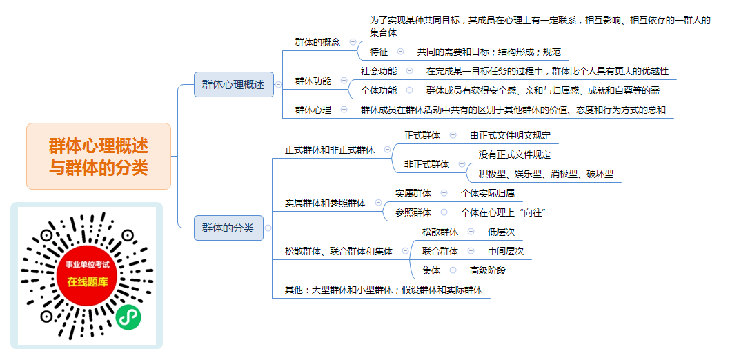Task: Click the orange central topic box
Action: click(x=99, y=157)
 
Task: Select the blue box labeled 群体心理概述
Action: click(x=234, y=85)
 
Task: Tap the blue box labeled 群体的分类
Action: click(x=228, y=228)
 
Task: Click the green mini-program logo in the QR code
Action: click(x=128, y=318)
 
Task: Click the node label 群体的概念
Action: click(x=317, y=42)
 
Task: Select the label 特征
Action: click(x=379, y=52)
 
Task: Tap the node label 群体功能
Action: click(x=313, y=81)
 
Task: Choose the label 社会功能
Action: click(x=379, y=71)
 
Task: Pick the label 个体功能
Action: click(x=379, y=90)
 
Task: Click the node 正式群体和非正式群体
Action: click(x=330, y=150)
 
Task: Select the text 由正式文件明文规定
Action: click(x=511, y=135)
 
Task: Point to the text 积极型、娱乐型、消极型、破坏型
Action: click(x=546, y=174)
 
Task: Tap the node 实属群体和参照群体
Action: click(x=326, y=203)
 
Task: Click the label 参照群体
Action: click(x=413, y=212)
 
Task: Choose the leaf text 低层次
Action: click(x=502, y=232)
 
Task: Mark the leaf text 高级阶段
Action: click(x=488, y=270)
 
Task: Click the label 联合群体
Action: click(x=440, y=251)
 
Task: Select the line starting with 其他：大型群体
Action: click(x=384, y=290)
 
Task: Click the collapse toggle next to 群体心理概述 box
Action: click(x=278, y=85)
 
